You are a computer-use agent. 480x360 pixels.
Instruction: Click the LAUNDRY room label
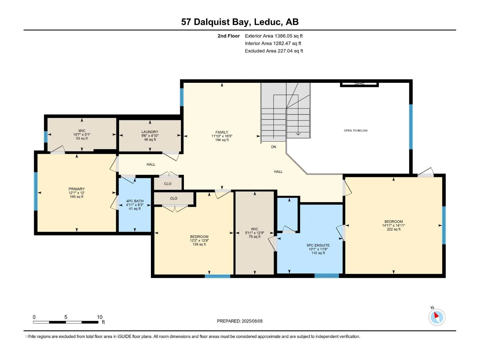150,132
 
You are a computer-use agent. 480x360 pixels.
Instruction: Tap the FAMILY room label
222,132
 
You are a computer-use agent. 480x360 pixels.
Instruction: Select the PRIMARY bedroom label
76,189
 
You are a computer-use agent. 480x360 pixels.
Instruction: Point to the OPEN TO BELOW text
355,130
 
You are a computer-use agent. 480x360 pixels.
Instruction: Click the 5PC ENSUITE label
318,245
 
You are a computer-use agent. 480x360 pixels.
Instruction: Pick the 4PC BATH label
135,201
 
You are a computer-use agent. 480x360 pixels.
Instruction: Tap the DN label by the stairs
274,147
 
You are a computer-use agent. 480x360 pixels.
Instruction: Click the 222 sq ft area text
394,229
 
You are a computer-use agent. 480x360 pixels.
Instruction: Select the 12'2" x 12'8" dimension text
199,240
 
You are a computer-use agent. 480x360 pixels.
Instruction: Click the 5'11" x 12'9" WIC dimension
254,233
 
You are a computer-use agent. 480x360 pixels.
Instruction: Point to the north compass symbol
437,317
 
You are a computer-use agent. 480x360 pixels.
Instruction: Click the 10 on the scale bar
100,317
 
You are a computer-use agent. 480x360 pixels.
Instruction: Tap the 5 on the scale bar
66,317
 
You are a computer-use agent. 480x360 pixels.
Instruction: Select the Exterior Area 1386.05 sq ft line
274,36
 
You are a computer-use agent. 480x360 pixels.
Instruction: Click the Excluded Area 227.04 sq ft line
274,51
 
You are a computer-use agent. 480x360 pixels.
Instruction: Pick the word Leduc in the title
267,22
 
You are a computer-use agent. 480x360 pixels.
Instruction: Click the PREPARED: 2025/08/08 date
240,321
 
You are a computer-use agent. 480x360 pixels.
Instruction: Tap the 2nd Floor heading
229,36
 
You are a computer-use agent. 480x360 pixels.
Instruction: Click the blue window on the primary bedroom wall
36,191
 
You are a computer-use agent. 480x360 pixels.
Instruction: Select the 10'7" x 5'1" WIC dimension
82,135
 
